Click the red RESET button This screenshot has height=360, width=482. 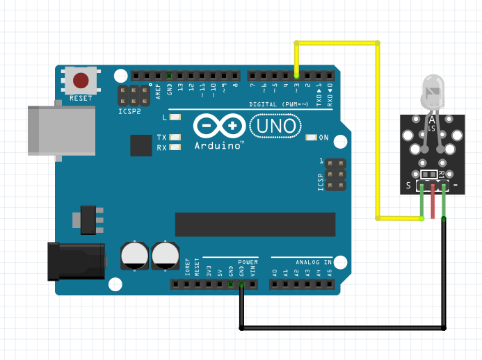tap(81, 79)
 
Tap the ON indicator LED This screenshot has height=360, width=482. tap(311, 138)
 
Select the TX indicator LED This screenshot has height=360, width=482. tap(175, 138)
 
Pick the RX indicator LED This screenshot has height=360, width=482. tap(175, 147)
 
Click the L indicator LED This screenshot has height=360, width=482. tap(175, 117)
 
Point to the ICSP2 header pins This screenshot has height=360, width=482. tap(134, 96)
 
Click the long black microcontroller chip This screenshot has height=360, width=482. tap(255, 224)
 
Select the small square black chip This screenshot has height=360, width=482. tap(141, 145)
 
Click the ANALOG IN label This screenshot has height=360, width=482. tap(314, 262)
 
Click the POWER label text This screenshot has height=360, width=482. tap(248, 262)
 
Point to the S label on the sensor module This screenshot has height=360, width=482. tap(409, 186)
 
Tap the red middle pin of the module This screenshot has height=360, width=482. tap(433, 202)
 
